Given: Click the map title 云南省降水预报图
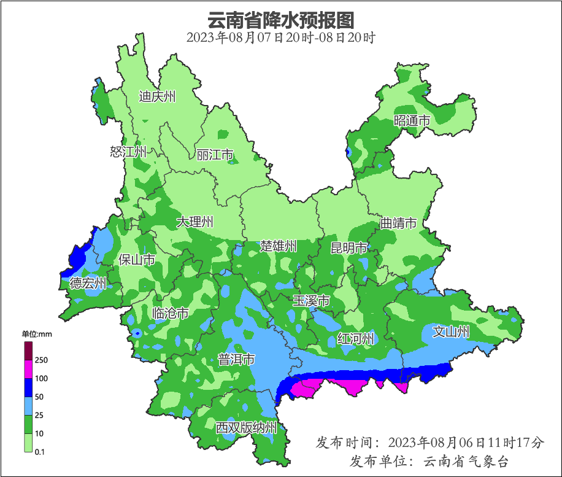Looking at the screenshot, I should (x=281, y=20).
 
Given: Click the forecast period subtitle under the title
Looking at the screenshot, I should (x=281, y=38).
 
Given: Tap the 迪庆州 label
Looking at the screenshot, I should (x=157, y=96).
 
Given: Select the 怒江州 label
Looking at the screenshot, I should (x=128, y=152).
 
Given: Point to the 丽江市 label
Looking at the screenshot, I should (x=215, y=155).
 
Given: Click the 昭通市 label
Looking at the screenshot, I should (x=412, y=121).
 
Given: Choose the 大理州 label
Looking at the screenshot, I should (x=195, y=222).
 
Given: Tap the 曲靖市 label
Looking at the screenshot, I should (x=398, y=223).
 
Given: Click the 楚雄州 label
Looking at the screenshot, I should (x=278, y=246).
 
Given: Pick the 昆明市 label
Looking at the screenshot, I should (x=348, y=248).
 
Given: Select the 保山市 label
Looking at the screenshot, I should (x=137, y=260).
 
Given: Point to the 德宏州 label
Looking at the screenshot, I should (x=88, y=283).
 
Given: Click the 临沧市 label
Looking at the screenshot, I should (x=170, y=314).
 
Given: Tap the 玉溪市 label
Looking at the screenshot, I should (x=311, y=301).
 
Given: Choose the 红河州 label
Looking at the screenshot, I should (x=355, y=338).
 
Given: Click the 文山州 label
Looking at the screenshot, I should (x=451, y=332).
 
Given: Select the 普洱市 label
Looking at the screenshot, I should (x=236, y=360).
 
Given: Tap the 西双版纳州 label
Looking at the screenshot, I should (x=246, y=428).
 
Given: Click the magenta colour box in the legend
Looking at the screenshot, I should (x=28, y=369).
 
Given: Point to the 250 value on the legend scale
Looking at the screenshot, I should (x=42, y=360).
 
